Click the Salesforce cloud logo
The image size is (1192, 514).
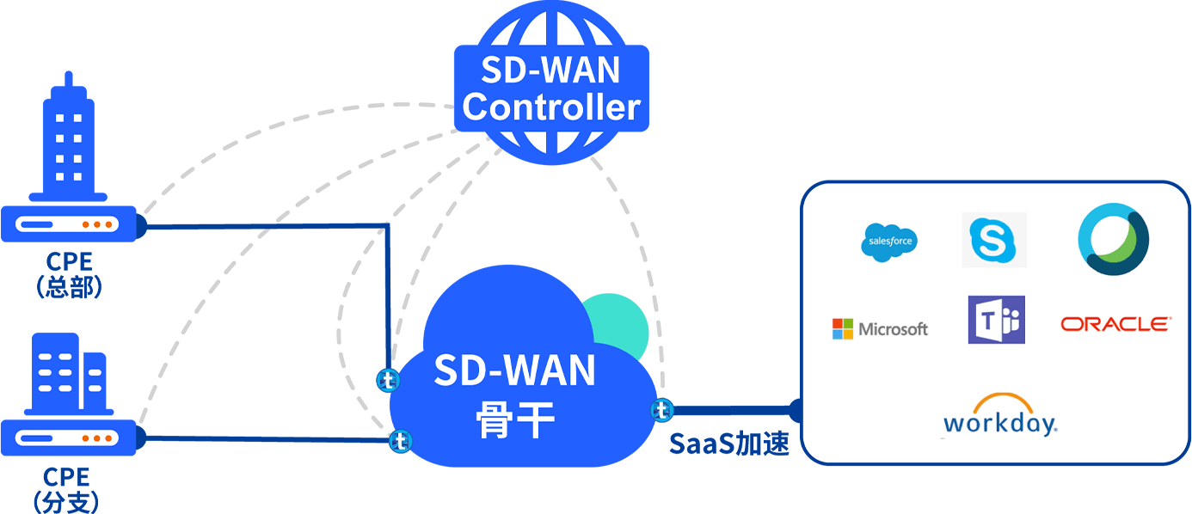888,242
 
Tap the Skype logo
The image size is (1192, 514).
993,240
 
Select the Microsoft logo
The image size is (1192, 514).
880,328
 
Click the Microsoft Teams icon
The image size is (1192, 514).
996,320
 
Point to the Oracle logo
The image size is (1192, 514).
1115,324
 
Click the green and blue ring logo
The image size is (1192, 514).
1114,240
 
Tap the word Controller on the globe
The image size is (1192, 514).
551,108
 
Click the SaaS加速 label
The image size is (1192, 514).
728,444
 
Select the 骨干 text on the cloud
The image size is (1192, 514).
515,420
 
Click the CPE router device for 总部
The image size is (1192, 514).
71,224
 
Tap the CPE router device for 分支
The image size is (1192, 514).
71,438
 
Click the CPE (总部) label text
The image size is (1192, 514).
69,274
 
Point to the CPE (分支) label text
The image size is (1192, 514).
65,489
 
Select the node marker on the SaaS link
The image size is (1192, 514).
661,410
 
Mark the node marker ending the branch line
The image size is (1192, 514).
400,441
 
